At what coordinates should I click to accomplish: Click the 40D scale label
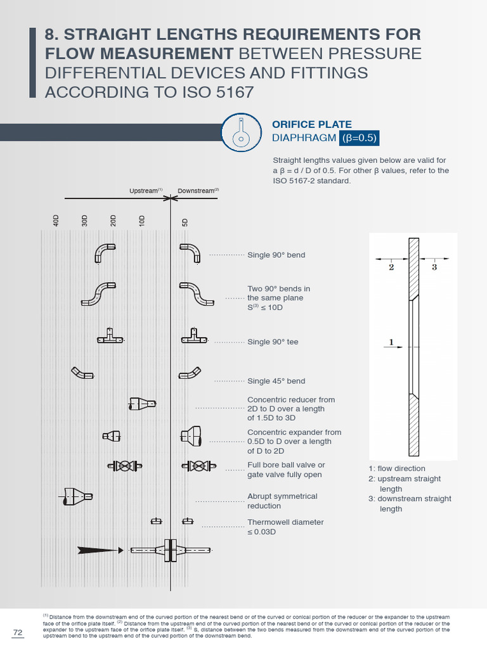pyautogui.click(x=56, y=221)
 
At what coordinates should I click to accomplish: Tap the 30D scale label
pyautogui.click(x=84, y=221)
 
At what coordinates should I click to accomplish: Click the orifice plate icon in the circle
pyautogui.click(x=241, y=132)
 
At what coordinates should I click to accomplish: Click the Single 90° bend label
pyautogui.click(x=276, y=255)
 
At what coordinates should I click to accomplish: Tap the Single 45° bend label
pyautogui.click(x=276, y=381)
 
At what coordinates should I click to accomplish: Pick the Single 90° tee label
pyautogui.click(x=273, y=342)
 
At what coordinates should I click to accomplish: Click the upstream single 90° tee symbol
pyautogui.click(x=110, y=337)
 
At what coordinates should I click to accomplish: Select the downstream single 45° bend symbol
pyautogui.click(x=190, y=374)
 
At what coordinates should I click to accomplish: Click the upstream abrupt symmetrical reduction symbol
pyautogui.click(x=77, y=496)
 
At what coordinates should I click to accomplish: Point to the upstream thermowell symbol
pyautogui.click(x=156, y=521)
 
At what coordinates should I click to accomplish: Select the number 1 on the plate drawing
pyautogui.click(x=391, y=342)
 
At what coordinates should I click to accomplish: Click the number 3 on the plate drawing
pyautogui.click(x=434, y=267)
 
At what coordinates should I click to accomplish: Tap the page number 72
pyautogui.click(x=18, y=633)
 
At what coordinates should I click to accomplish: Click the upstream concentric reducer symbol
pyautogui.click(x=141, y=402)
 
